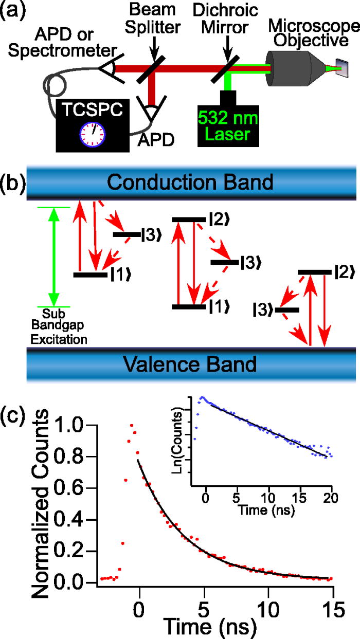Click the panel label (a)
pos(11,11)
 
